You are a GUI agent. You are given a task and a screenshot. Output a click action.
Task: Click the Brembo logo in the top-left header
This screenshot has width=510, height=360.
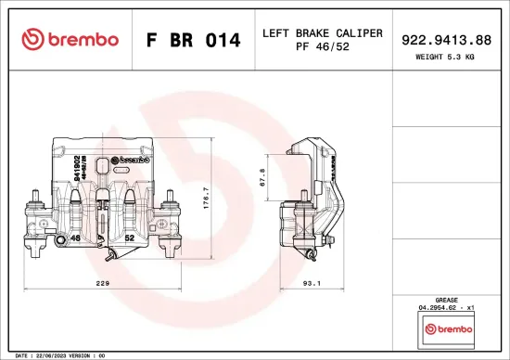coord(70,39)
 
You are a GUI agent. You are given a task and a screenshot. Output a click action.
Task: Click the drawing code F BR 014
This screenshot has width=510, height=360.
coord(194,41)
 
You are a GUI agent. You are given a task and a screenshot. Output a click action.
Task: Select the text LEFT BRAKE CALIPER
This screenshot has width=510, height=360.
coord(323,32)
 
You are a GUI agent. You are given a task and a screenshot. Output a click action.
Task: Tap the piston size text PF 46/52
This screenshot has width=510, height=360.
coord(323,46)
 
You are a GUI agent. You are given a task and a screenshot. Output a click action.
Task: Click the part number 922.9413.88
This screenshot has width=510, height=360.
coord(447,40)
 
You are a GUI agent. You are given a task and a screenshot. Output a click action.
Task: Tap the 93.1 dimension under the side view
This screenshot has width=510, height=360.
coord(312,284)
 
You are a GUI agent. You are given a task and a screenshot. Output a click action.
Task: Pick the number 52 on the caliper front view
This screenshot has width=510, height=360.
coord(130,238)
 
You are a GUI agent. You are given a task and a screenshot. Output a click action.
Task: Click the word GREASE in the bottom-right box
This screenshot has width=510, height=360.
coord(448,299)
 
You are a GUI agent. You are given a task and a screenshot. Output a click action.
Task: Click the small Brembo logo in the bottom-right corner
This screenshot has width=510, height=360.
coord(448,328)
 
